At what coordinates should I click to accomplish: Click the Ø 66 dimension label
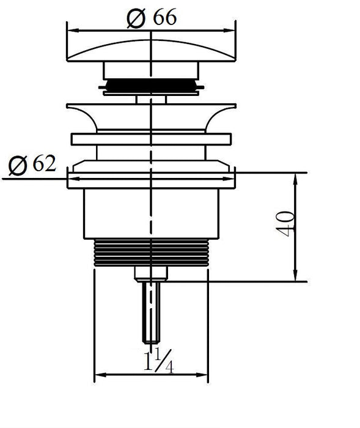coord(152,18)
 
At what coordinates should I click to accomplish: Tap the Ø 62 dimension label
coord(32,164)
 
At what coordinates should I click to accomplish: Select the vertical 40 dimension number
coord(285,224)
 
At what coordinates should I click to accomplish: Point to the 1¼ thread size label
coord(158,361)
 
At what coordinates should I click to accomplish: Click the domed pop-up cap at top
coord(151,51)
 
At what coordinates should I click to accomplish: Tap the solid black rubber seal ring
coord(151,86)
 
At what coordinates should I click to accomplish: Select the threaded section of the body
coord(151,253)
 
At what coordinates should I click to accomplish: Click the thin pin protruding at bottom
coord(151,312)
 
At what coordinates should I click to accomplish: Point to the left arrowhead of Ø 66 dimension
coord(73,31)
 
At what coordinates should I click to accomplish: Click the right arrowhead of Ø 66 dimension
coord(229,31)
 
